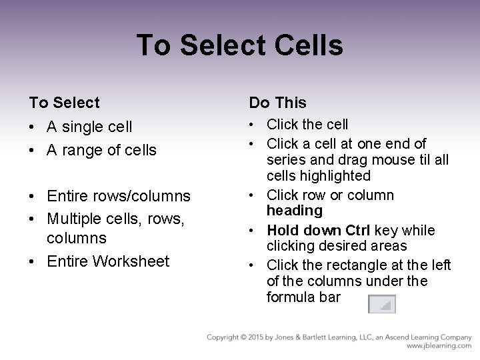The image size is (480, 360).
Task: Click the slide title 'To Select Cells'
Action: (x=239, y=46)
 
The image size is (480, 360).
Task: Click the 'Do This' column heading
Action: (x=277, y=103)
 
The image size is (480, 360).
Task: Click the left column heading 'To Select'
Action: (x=64, y=103)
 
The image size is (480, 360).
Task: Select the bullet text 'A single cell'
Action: (x=90, y=126)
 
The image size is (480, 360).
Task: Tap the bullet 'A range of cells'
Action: (x=102, y=150)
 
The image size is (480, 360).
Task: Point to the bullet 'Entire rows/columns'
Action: (x=119, y=196)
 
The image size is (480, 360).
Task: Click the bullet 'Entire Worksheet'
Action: (x=108, y=261)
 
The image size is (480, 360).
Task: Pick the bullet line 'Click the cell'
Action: (x=307, y=124)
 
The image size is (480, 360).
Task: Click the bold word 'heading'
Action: (x=294, y=211)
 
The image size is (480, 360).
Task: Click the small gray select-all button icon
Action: (x=382, y=304)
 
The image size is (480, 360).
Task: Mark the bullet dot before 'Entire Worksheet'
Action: (x=33, y=261)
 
